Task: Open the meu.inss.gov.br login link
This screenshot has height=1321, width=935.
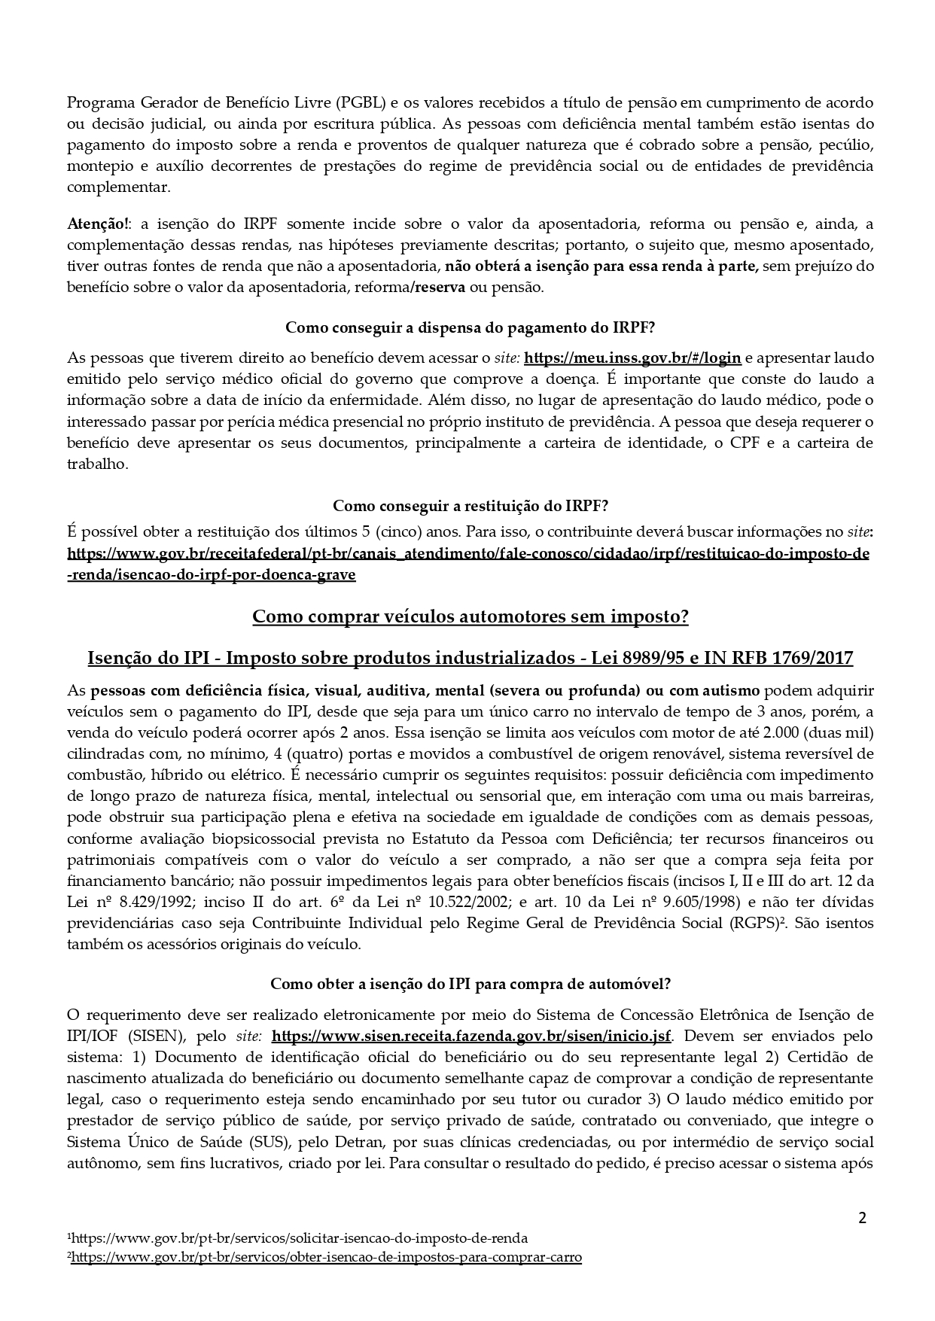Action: click(x=632, y=358)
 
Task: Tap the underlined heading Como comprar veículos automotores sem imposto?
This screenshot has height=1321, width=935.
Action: click(x=470, y=616)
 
